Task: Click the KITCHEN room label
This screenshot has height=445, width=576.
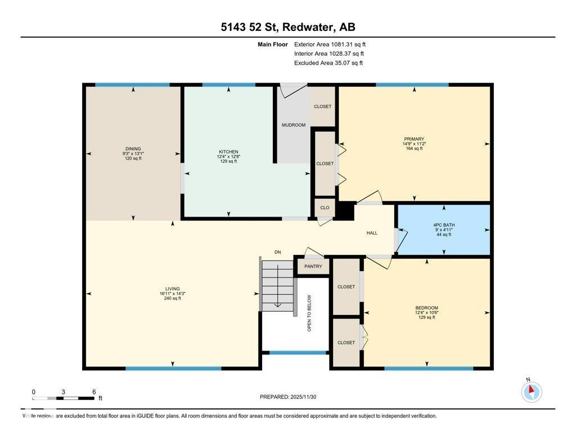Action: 228,152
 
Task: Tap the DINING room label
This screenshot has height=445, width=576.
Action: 133,149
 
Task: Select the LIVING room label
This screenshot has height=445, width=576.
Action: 172,289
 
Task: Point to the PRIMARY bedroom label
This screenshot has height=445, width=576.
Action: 414,139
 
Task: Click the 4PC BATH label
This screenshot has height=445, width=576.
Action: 444,225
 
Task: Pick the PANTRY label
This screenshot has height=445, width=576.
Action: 313,267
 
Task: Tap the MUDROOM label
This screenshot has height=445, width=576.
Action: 294,125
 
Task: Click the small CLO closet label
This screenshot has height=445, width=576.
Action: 325,208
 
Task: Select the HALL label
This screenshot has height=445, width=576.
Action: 372,233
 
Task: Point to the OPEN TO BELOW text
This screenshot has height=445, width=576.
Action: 309,313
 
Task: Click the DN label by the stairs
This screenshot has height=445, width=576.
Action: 278,252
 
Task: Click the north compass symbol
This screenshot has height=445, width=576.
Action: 531,392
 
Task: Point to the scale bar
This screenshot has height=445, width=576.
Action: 63,398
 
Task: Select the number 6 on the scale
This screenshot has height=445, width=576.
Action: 94,392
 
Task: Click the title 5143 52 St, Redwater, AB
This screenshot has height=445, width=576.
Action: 288,27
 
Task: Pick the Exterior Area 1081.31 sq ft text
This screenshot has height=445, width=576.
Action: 330,44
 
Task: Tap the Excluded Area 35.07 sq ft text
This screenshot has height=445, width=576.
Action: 328,63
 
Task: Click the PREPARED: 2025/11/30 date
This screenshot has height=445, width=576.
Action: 288,397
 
